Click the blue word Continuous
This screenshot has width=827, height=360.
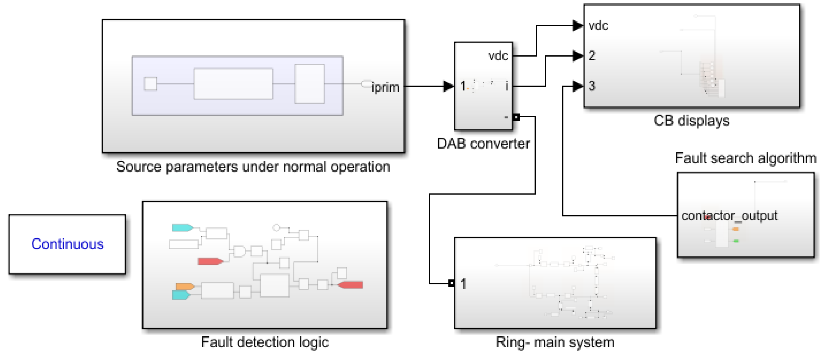point(68,244)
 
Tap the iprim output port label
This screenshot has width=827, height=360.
point(385,87)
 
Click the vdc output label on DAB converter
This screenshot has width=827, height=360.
point(498,56)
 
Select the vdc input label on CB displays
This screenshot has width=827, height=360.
point(598,26)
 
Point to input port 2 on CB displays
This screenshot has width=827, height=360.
point(592,56)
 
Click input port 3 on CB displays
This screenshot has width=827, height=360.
point(592,86)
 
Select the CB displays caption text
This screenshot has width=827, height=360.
point(691,121)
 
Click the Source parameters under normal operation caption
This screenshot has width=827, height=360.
point(253,167)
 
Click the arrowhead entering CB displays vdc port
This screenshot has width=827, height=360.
point(578,25)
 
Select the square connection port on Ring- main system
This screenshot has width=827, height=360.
point(451,283)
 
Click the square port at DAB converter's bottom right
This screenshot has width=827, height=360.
point(516,117)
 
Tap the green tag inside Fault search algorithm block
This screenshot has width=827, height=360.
point(736,241)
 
